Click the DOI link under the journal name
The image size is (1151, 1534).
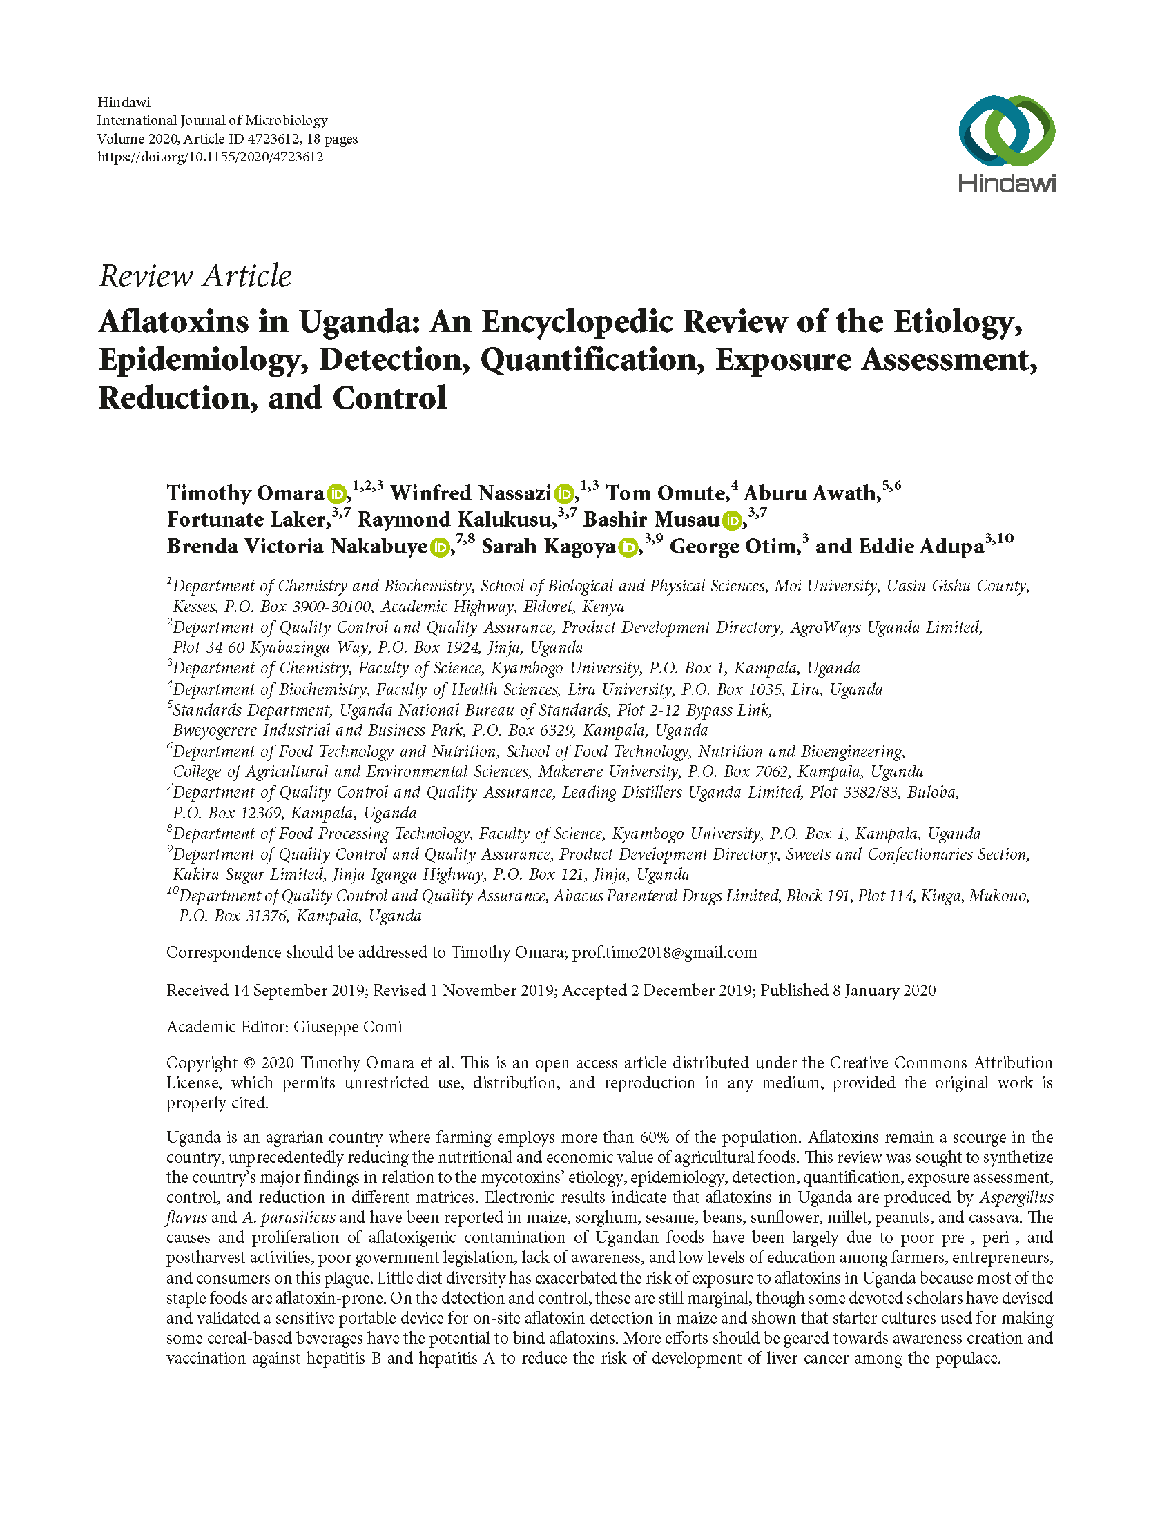[209, 157]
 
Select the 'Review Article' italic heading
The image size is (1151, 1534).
[195, 276]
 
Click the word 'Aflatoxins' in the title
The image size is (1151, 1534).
[173, 322]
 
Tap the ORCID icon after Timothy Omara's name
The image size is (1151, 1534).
[336, 494]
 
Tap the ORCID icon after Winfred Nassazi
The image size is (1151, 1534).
[564, 494]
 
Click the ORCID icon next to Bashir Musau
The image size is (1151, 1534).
[731, 520]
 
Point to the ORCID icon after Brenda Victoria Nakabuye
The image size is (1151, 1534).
[439, 547]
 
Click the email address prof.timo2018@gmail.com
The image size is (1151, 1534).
[664, 952]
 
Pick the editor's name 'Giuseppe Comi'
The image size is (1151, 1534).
[347, 1026]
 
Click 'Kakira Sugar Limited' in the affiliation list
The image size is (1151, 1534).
[248, 874]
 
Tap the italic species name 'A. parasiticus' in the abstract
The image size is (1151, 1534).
[289, 1217]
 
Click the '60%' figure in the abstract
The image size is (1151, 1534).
[652, 1137]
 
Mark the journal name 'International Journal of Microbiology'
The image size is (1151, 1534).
[211, 121]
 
